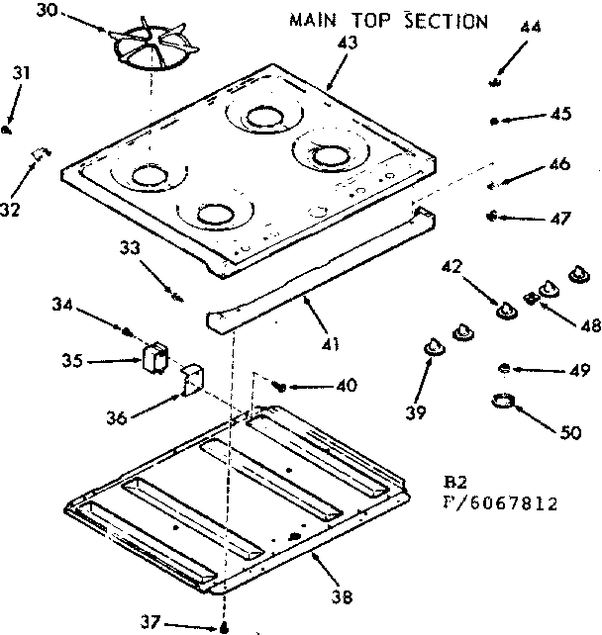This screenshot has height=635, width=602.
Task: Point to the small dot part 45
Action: point(494,121)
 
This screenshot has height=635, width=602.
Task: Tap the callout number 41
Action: point(330,344)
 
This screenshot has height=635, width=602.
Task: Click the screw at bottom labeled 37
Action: point(227,627)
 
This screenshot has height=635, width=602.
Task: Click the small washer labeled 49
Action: point(504,368)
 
